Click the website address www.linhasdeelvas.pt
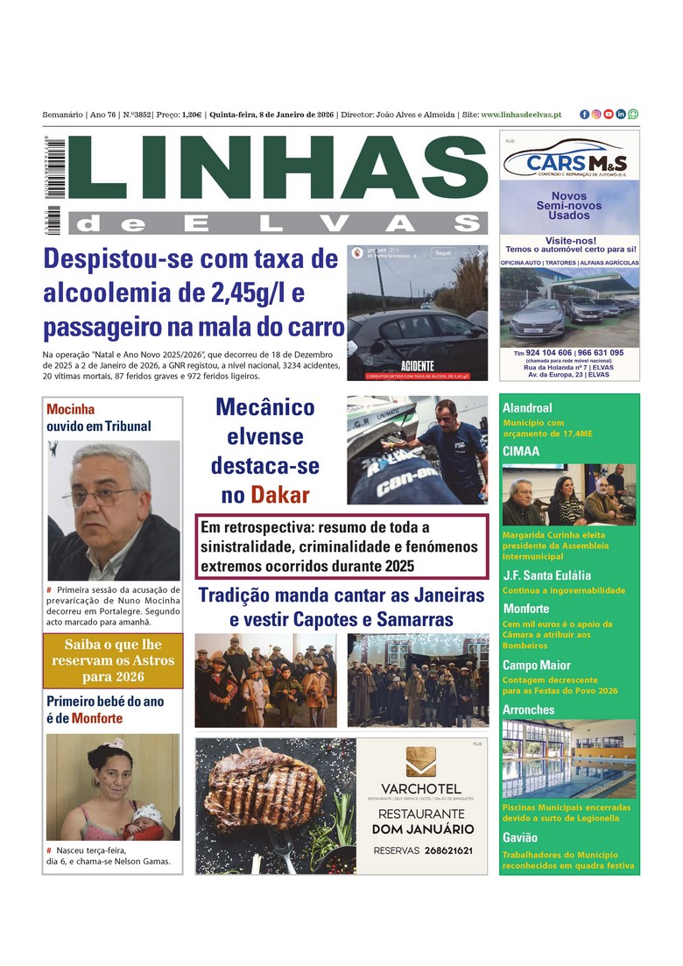tap(521, 115)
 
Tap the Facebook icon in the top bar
tap(584, 115)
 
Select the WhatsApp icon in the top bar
tap(633, 115)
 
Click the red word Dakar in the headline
tap(279, 495)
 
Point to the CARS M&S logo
tap(569, 162)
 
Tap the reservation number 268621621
tap(436, 850)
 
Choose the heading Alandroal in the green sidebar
tap(527, 407)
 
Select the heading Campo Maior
tap(536, 665)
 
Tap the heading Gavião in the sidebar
tap(520, 837)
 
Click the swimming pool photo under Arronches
tap(569, 758)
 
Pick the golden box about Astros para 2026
tap(113, 660)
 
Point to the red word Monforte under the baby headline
tap(97, 718)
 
